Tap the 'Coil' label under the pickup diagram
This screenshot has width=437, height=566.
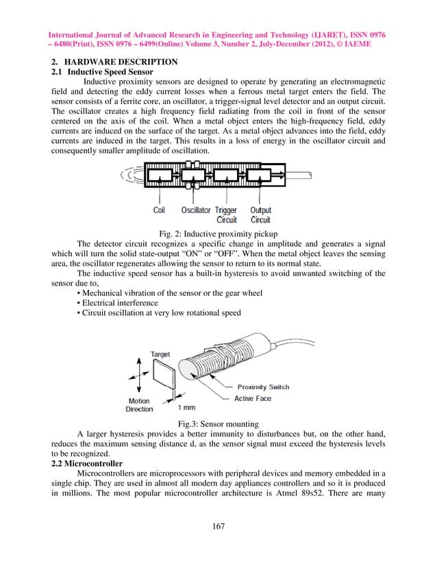[x=159, y=210]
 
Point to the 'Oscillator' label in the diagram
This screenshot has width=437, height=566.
[x=196, y=210]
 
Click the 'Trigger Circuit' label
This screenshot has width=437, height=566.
[x=226, y=215]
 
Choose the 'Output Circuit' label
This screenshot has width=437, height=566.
[x=260, y=215]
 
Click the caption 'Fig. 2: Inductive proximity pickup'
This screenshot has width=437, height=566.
[x=218, y=233]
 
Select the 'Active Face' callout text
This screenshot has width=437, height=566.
[x=253, y=398]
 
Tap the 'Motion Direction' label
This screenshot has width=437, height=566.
[x=139, y=405]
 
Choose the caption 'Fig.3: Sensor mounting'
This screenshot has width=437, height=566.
[x=218, y=424]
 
